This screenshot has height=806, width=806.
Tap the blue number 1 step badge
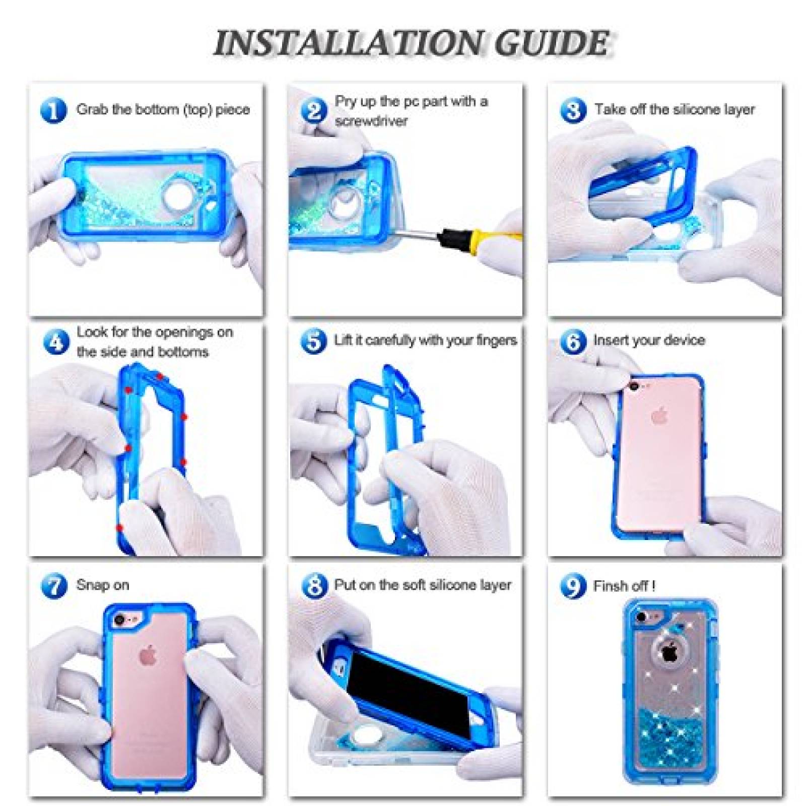coord(53,110)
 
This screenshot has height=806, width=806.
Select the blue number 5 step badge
coord(313,341)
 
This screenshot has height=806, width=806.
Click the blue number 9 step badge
coord(573,585)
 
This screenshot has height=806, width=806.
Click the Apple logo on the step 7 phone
coord(150,655)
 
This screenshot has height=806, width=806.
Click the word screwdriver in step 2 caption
coord(371,121)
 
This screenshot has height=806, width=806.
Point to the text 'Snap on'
coord(102,585)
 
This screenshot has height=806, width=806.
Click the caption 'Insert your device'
coord(649,340)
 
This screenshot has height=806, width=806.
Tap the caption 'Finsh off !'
coord(624,586)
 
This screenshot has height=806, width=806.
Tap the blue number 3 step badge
coord(573,110)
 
